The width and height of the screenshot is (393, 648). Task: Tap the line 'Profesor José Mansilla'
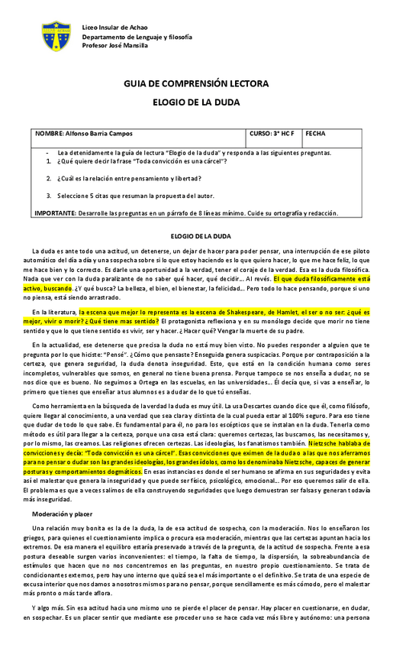pos(116,45)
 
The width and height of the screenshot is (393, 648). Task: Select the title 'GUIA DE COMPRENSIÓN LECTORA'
pos(196,83)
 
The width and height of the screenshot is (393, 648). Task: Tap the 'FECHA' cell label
pos(315,133)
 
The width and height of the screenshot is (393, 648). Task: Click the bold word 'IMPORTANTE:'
pos(54,213)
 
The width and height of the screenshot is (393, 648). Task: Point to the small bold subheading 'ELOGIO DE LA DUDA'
pos(198,236)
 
